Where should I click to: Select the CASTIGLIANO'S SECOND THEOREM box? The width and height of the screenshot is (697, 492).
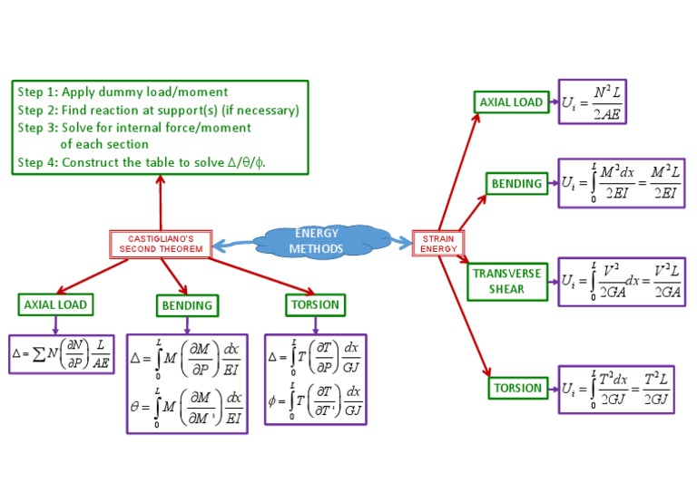pos(161,244)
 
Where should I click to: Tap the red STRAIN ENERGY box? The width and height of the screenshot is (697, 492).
pos(439,244)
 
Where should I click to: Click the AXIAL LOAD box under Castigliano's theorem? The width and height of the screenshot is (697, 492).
pos(55,304)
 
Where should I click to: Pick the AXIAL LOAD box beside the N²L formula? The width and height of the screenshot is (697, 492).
pos(511,102)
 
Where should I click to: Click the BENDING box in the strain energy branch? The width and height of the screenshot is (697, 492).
pos(516,184)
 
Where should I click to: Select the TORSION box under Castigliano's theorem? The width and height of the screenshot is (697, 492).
pos(315,304)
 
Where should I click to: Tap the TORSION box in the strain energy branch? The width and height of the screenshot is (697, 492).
pos(517,388)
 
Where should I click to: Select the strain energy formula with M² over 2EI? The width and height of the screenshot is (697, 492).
pos(621,183)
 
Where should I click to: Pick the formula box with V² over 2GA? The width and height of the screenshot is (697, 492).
pos(621,281)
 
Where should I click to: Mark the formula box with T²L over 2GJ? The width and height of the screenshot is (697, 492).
pos(616,389)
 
